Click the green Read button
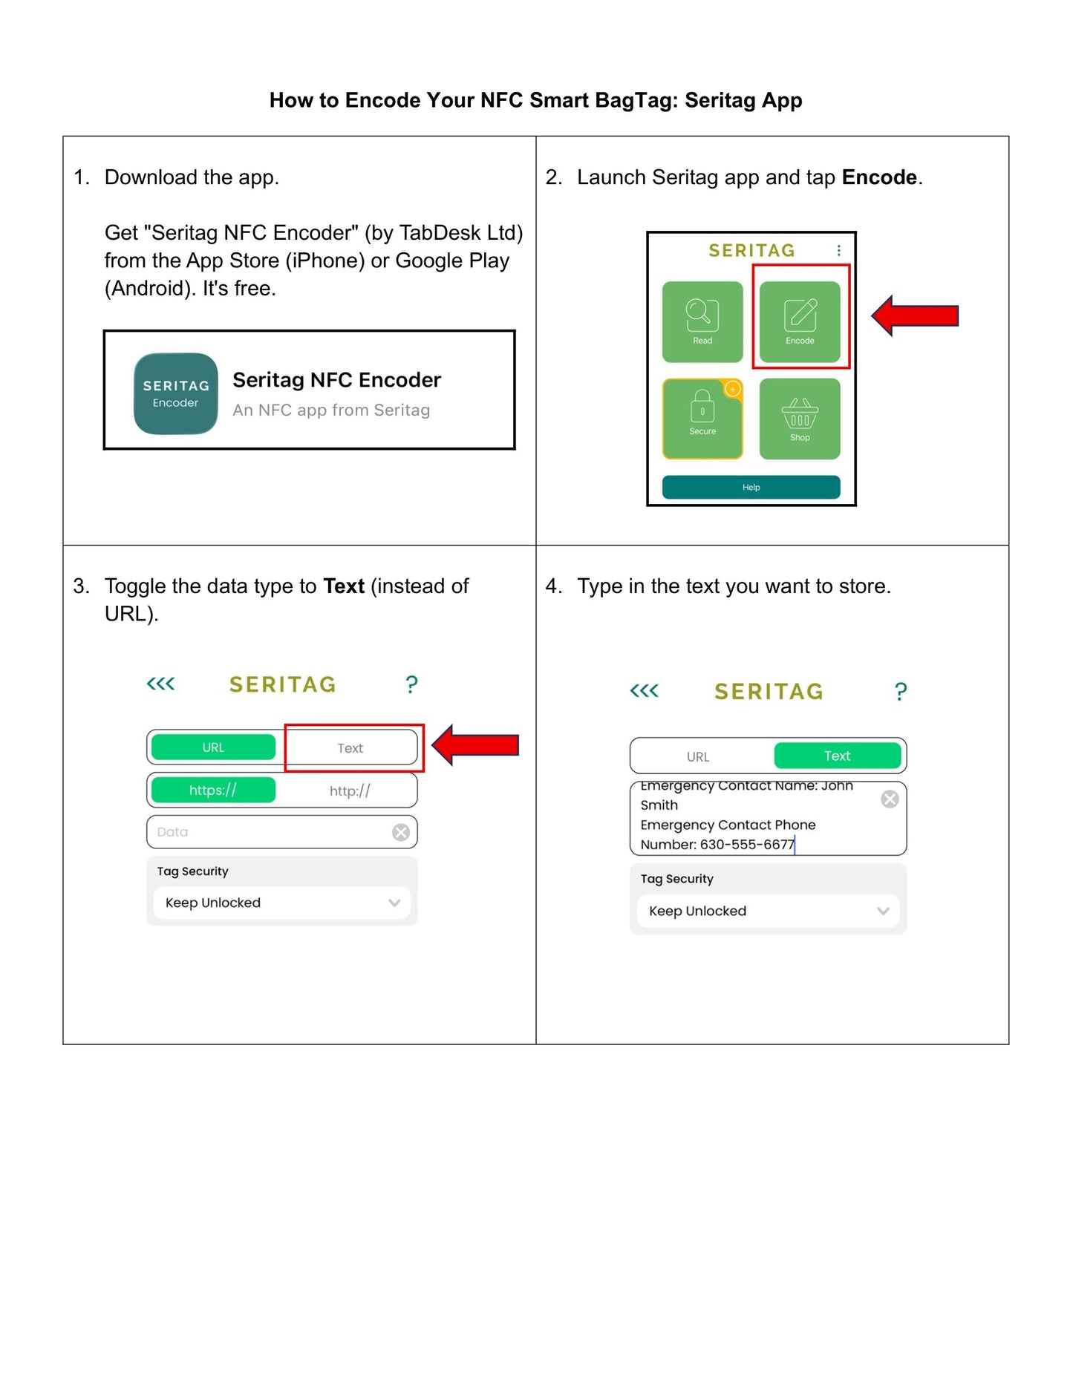pos(702,321)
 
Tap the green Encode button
pos(800,321)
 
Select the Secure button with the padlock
pos(702,419)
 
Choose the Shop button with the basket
pos(800,419)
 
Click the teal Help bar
pos(751,487)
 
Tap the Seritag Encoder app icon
pos(176,393)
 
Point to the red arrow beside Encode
pos(915,315)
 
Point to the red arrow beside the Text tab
pos(475,744)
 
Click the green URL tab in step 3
pos(213,747)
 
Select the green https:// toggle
pos(213,790)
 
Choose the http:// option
pos(350,791)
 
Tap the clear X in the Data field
pos(401,832)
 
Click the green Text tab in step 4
pos(837,756)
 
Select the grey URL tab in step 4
pos(698,757)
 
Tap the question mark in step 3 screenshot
pos(411,684)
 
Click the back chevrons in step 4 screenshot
pos(644,691)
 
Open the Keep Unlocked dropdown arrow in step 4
pos(883,911)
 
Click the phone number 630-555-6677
pos(747,845)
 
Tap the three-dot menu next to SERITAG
pos(839,251)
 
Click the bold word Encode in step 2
pos(879,177)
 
